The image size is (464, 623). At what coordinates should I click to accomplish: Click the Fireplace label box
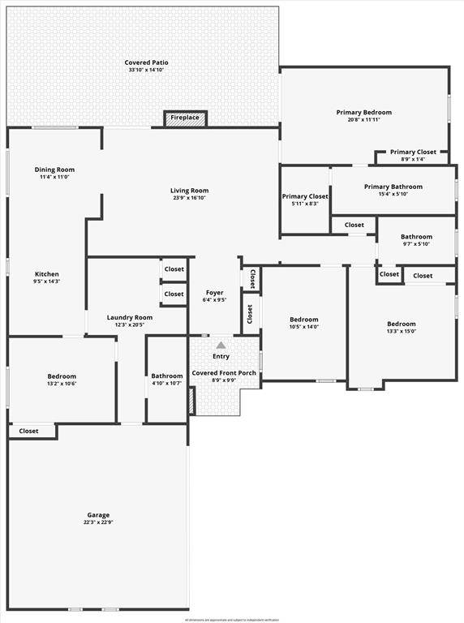coord(184,118)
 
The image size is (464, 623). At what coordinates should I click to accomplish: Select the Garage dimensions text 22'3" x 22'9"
coord(99,523)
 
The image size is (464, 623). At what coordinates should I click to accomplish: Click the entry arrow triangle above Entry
coord(221,345)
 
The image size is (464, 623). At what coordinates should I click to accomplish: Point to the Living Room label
coord(190,191)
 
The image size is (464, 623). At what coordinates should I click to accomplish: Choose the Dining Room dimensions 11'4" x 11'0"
coord(54,177)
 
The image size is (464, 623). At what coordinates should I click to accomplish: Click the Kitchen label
coord(47,274)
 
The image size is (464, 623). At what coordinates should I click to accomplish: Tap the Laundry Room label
coord(130,317)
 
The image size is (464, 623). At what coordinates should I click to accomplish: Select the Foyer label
coord(214,292)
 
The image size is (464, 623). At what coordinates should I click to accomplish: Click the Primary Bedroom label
coord(364,112)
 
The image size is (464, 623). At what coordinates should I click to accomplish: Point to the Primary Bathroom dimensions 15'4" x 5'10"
coord(393,194)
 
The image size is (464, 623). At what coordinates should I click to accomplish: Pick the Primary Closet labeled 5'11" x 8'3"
coord(305,196)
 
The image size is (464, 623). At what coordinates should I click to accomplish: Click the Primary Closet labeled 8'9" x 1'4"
coord(413,152)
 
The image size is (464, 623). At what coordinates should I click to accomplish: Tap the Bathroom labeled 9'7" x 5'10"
coord(416,237)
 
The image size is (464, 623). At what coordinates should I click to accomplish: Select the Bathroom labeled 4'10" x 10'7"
coord(167,376)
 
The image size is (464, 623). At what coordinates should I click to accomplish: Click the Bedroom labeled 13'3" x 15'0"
coord(401,324)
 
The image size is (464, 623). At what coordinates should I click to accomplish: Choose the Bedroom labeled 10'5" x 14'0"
coord(304,320)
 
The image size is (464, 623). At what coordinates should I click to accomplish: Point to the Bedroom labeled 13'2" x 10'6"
coord(62,376)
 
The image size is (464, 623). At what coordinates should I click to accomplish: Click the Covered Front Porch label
coord(224,373)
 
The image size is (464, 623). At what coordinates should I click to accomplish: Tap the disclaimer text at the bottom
coord(232,619)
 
